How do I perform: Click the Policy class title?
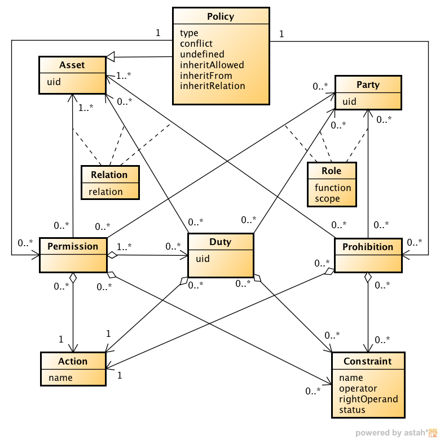click(x=221, y=16)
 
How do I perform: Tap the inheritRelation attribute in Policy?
click(x=213, y=86)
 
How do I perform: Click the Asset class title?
click(x=72, y=65)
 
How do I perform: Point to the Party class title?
click(x=368, y=85)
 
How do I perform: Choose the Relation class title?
click(x=109, y=175)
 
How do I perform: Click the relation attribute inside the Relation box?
click(x=105, y=192)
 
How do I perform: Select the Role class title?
click(x=332, y=171)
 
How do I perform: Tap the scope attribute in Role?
click(x=327, y=198)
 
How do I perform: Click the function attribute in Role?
click(x=333, y=188)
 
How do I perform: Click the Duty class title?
click(x=220, y=242)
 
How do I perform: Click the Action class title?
click(x=73, y=361)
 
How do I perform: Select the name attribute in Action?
click(x=60, y=377)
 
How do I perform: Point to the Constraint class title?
click(x=368, y=361)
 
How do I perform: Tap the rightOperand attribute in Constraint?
click(x=368, y=399)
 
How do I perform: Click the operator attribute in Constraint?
click(x=358, y=388)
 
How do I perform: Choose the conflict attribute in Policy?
click(x=197, y=43)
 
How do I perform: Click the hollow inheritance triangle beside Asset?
click(x=110, y=57)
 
